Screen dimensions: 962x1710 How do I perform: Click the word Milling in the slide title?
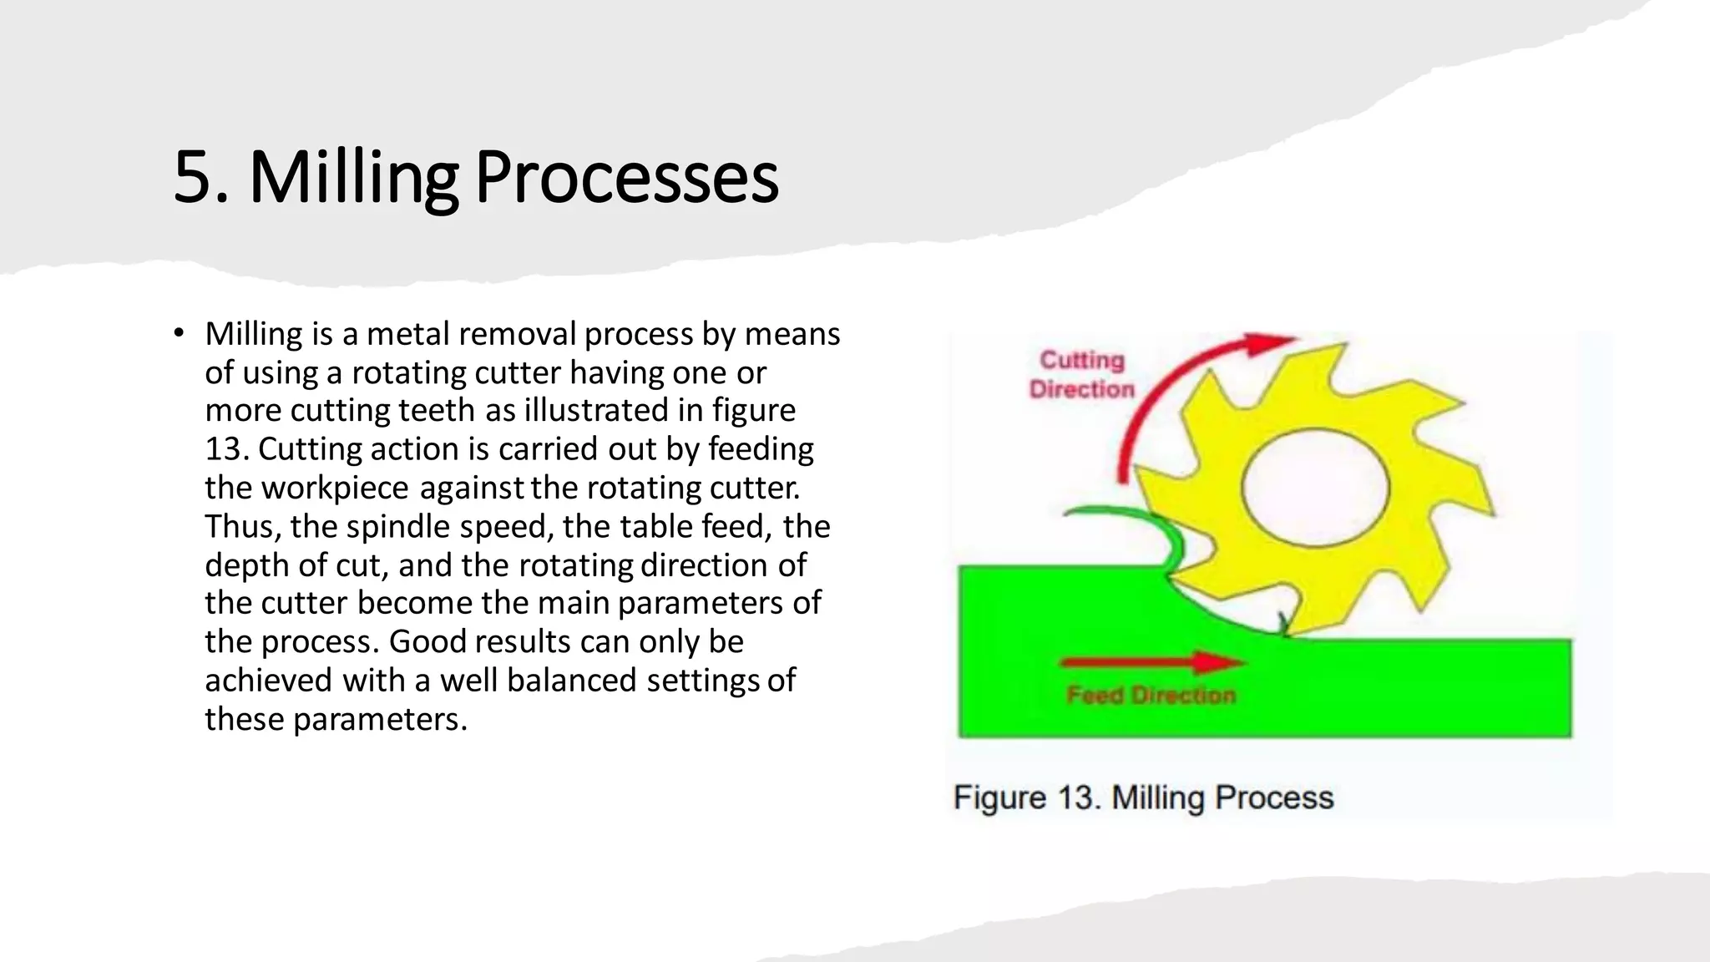(x=353, y=177)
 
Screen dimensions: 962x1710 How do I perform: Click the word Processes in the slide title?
(x=626, y=177)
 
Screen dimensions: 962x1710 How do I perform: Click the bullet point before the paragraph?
(x=179, y=334)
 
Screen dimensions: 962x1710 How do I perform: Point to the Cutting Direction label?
(x=1081, y=375)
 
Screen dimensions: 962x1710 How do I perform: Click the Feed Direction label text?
(x=1151, y=695)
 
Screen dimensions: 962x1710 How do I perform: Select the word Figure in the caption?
(x=999, y=797)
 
